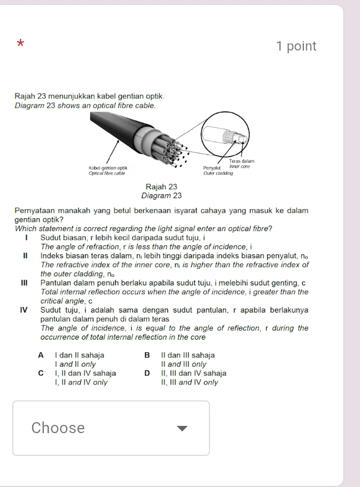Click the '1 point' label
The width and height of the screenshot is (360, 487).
tap(296, 47)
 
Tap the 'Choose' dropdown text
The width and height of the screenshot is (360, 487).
tap(58, 428)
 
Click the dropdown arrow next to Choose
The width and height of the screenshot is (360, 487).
tap(182, 428)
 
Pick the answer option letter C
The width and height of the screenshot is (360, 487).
tap(41, 374)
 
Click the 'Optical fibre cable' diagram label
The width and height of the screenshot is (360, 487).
tap(108, 173)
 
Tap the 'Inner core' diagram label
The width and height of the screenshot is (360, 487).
tap(239, 167)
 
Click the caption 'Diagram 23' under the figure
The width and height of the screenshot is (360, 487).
tap(162, 195)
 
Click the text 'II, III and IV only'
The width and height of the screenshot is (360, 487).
tap(189, 383)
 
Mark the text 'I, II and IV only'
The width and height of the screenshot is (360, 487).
tap(81, 383)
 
